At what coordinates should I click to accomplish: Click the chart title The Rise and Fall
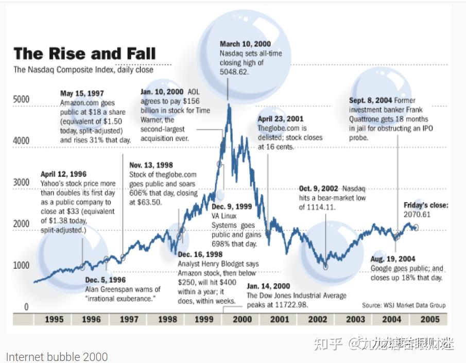coord(84,53)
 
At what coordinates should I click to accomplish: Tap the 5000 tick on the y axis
coord(21,99)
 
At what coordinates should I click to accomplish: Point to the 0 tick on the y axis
coord(26,307)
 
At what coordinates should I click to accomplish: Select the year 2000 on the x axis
coord(242,319)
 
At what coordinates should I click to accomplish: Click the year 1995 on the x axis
coord(54,319)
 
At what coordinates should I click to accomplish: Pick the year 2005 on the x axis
coord(430,319)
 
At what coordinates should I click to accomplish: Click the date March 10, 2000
coord(245,44)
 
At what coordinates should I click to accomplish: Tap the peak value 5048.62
coord(234,72)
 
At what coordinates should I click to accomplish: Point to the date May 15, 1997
coord(82,94)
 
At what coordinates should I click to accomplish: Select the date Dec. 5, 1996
coord(105,280)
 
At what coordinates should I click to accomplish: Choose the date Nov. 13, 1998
coord(151,165)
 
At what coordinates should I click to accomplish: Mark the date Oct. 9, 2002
coord(319,188)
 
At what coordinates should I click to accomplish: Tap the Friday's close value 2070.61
coord(418,214)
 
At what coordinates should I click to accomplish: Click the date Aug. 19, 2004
coord(393,259)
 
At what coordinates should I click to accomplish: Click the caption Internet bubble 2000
coord(57,356)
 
